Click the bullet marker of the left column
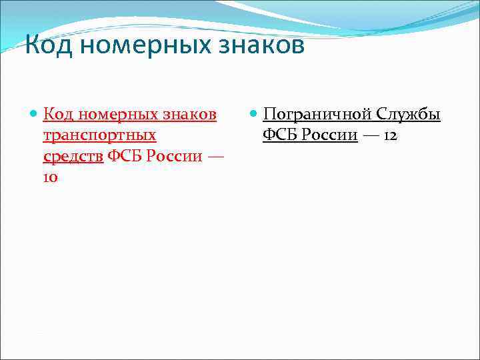[34, 115]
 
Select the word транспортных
[99, 135]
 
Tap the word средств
[73, 157]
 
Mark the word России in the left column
[172, 157]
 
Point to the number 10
[51, 178]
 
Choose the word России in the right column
[329, 135]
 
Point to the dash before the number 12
[371, 135]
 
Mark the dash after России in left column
[215, 157]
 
